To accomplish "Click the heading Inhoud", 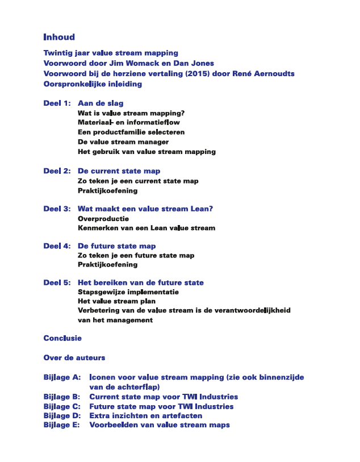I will pyautogui.click(x=59, y=38).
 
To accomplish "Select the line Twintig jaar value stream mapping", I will pyautogui.click(x=111, y=53).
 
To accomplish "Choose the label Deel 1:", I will pyautogui.click(x=57, y=103).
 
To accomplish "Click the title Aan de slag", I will pyautogui.click(x=101, y=103).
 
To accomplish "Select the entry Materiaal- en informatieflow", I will pyautogui.click(x=129, y=123).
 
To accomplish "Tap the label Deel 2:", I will pyautogui.click(x=57, y=171).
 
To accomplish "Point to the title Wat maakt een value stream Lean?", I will pyautogui.click(x=145, y=209).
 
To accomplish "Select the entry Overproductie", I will pyautogui.click(x=103, y=218).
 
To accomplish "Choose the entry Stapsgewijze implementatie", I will pyautogui.click(x=128, y=292).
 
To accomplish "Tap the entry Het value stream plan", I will pyautogui.click(x=116, y=302).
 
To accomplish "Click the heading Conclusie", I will pyautogui.click(x=62, y=338).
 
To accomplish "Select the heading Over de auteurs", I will pyautogui.click(x=74, y=358).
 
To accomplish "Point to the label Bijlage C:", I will pyautogui.click(x=62, y=406).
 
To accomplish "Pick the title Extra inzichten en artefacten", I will pyautogui.click(x=146, y=416).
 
